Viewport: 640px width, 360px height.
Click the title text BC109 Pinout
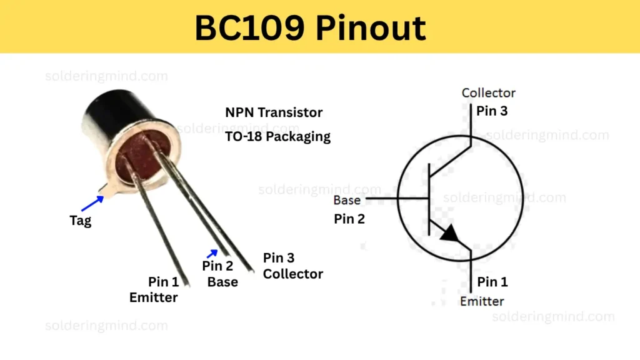[310, 27]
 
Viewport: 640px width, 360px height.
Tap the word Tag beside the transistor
[80, 221]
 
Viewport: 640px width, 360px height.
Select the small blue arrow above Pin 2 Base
[212, 253]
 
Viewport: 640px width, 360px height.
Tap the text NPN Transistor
[274, 112]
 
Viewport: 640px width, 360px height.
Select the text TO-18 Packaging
[277, 136]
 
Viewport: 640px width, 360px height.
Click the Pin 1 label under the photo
[163, 282]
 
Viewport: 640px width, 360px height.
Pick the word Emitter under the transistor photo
[153, 297]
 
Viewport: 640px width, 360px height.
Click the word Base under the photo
[222, 282]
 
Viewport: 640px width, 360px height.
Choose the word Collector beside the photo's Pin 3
[292, 274]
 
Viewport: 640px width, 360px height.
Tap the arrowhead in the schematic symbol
[451, 234]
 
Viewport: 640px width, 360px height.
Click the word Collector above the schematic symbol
[488, 92]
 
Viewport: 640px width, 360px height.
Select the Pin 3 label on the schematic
[492, 111]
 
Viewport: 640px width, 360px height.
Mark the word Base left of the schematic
[346, 201]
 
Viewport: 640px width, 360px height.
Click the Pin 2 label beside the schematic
[349, 219]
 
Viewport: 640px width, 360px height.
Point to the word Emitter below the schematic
[481, 301]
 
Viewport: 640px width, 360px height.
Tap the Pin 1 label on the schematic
[492, 282]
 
